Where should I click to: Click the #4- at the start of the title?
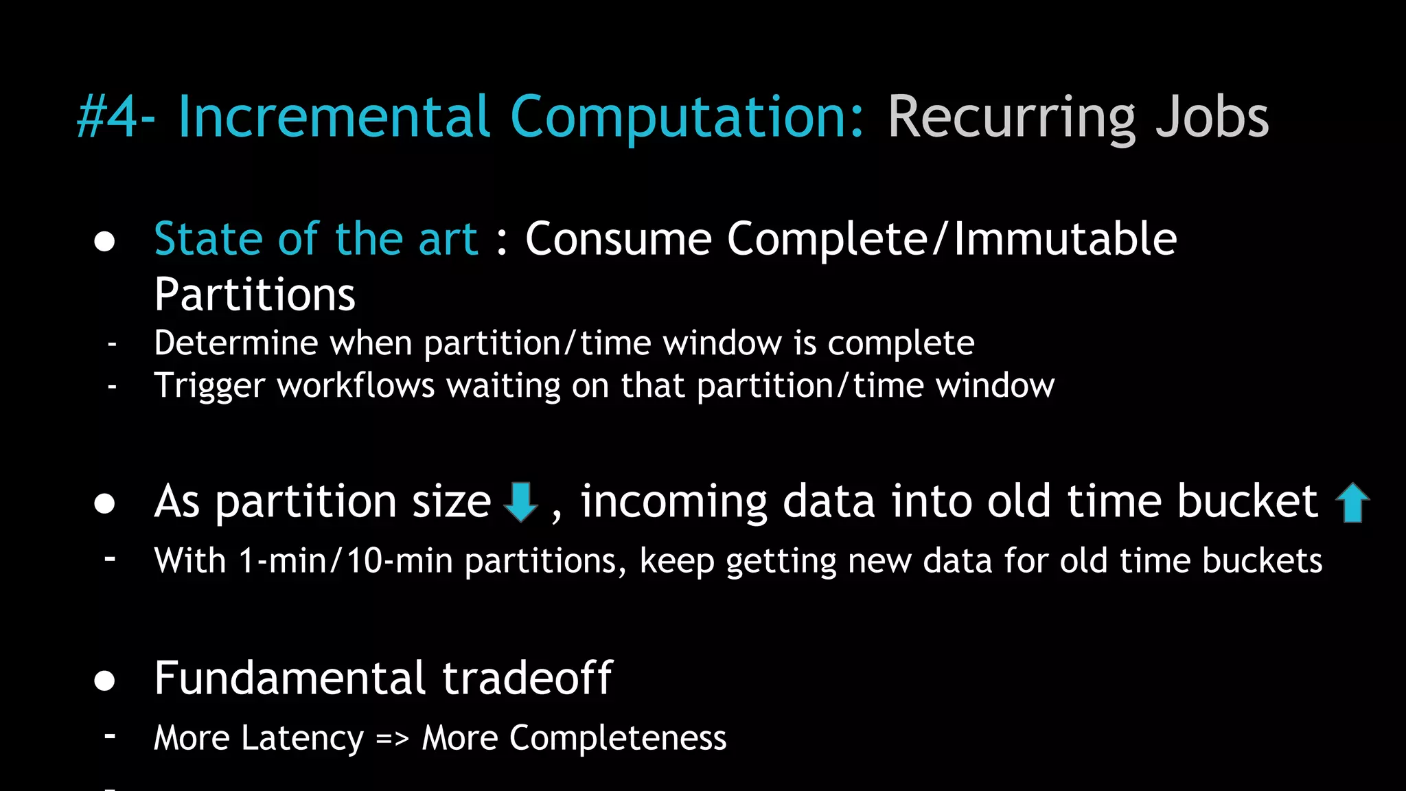115,117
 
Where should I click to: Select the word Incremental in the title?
334,117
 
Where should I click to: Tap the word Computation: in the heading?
687,117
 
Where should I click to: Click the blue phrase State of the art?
316,239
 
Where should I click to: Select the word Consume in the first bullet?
618,239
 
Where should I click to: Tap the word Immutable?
1065,239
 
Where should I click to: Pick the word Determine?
235,343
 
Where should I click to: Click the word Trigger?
209,385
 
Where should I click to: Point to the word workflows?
355,385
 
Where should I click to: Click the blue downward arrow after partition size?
521,502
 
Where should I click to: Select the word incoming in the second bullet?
673,501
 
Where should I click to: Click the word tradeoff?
527,678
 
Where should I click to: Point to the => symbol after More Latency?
392,738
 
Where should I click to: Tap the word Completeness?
617,738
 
